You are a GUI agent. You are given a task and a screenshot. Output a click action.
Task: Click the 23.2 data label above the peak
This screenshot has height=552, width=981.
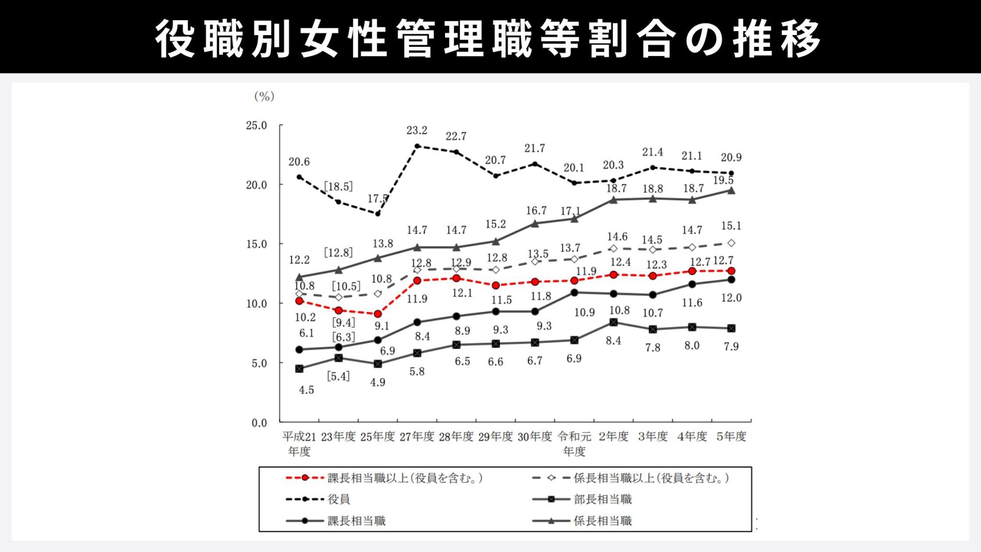(x=416, y=130)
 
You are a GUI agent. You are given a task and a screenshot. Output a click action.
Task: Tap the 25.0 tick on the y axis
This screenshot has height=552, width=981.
(x=256, y=126)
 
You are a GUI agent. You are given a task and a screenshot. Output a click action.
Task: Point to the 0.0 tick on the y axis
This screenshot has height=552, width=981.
(x=259, y=423)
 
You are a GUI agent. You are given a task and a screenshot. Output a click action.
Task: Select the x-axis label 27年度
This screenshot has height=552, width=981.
(x=417, y=437)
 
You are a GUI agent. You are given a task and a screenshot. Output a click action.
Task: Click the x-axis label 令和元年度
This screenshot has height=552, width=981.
(x=574, y=444)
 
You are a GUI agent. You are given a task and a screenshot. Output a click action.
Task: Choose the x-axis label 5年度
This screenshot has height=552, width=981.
(x=731, y=437)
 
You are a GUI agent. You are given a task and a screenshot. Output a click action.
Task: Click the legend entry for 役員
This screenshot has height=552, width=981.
(x=339, y=499)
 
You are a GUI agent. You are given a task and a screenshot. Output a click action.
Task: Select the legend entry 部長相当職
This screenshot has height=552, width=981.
(x=603, y=499)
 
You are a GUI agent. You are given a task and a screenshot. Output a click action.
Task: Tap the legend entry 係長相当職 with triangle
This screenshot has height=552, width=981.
(x=603, y=521)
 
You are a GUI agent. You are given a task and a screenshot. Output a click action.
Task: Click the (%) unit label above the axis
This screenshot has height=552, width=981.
(x=264, y=96)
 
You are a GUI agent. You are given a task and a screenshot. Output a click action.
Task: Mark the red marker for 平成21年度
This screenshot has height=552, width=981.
(x=299, y=301)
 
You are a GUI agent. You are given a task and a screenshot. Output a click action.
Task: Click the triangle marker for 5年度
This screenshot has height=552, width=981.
(x=731, y=190)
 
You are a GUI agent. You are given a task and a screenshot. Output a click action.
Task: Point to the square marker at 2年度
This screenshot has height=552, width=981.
(x=614, y=322)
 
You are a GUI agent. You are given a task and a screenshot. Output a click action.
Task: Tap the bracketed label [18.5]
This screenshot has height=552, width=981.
(x=338, y=186)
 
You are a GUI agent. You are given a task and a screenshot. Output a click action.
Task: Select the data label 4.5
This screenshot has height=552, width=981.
(x=306, y=390)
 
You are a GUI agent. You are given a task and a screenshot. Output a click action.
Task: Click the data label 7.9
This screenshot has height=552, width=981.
(x=731, y=346)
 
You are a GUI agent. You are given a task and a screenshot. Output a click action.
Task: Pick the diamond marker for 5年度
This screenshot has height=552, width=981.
(x=731, y=243)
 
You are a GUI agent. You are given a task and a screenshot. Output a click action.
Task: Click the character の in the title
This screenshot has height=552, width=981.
(x=704, y=38)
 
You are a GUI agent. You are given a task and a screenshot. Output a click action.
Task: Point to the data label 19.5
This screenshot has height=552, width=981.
(x=723, y=180)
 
